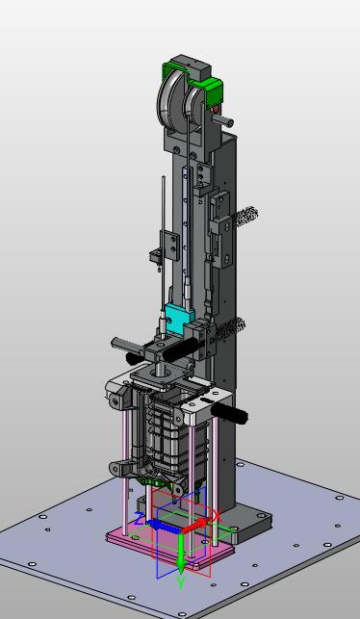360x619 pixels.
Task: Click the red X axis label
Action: coord(217,516)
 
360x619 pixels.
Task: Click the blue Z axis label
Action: coord(139,519)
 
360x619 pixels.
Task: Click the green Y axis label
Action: coord(181,582)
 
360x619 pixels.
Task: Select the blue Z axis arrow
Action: coord(163,527)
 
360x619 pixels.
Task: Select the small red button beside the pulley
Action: coord(215,109)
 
